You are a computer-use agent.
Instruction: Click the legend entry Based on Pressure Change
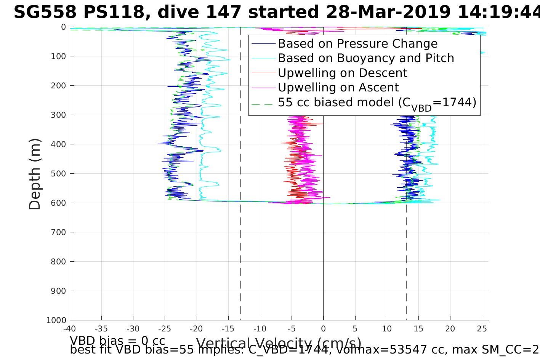coord(357,44)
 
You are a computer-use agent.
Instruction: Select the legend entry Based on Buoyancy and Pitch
coord(366,58)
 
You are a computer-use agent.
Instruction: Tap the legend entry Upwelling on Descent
coord(342,73)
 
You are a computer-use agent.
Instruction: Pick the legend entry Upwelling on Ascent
coord(338,88)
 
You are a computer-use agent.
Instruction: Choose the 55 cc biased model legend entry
coord(377,103)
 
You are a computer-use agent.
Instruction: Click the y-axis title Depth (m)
coord(35,174)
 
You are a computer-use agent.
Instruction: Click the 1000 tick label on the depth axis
coord(57,320)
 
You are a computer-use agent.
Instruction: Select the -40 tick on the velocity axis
coord(70,328)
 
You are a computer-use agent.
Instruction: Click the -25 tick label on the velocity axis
coord(165,328)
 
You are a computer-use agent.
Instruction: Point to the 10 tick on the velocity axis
coord(387,328)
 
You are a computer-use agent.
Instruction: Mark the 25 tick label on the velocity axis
coord(482,328)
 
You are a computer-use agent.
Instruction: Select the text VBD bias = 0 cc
coord(117,341)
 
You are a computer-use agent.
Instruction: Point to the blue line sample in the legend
coord(263,44)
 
